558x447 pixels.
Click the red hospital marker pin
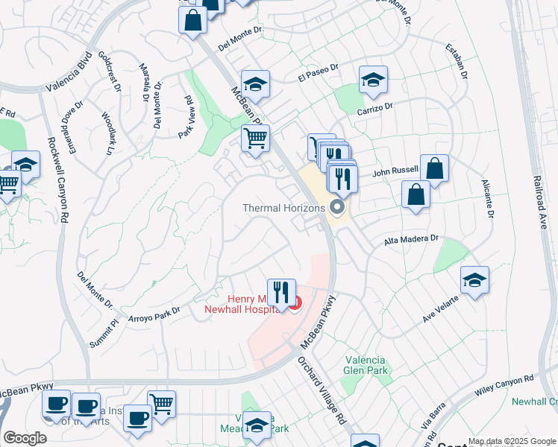tap(296, 303)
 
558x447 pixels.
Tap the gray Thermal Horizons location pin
tap(338, 206)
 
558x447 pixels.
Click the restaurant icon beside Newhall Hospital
tap(281, 291)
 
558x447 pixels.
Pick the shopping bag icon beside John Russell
tap(434, 169)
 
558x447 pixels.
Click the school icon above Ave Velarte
tap(474, 280)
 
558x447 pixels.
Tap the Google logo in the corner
tap(25, 437)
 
